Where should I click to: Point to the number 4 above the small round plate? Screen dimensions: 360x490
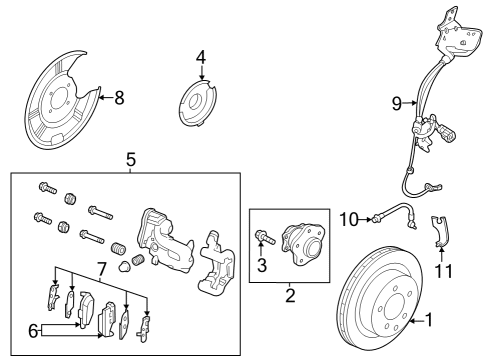coord(201,57)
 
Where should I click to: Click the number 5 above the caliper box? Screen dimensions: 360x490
coord(129,158)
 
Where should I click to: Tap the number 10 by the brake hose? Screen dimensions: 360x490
coord(349,219)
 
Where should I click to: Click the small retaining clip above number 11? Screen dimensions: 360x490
coord(438,232)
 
